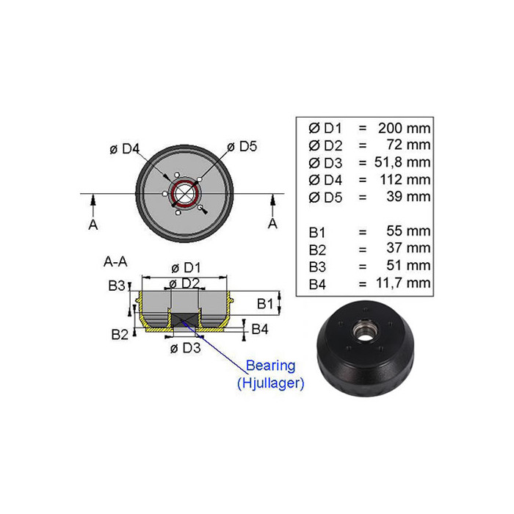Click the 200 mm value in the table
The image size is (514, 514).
tap(404, 128)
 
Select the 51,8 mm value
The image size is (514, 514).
tap(402, 162)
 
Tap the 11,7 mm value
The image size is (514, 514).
tap(403, 283)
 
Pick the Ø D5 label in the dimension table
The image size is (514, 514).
tap(325, 198)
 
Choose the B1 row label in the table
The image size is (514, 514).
tap(317, 233)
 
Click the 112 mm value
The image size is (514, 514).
tap(405, 180)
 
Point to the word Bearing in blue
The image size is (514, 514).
tap(270, 366)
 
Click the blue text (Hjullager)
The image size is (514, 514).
tap(270, 383)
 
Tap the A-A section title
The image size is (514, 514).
tap(115, 261)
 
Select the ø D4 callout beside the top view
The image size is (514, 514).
tap(125, 149)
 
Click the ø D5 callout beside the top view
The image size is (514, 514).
tap(242, 147)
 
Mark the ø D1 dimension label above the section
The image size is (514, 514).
tap(186, 268)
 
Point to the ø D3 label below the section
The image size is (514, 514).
tap(185, 348)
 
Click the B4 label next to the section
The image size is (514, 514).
tap(260, 329)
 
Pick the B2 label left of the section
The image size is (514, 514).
tap(120, 335)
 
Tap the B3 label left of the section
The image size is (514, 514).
tap(117, 286)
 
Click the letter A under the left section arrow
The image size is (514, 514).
tap(93, 225)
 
